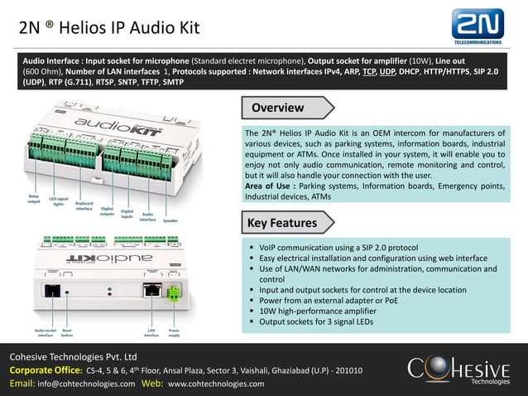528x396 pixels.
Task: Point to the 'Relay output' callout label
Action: (34, 199)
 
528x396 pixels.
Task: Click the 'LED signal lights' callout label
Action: (57, 201)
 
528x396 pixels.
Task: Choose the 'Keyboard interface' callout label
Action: (84, 205)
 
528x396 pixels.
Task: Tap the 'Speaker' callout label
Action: (170, 220)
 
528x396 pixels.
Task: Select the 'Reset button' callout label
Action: (68, 333)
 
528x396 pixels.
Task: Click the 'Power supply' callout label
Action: (175, 333)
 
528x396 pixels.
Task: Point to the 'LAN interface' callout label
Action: (151, 333)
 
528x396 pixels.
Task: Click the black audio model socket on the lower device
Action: (52, 291)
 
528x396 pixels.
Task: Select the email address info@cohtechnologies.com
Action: (86, 384)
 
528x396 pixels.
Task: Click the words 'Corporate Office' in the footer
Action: (46, 369)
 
